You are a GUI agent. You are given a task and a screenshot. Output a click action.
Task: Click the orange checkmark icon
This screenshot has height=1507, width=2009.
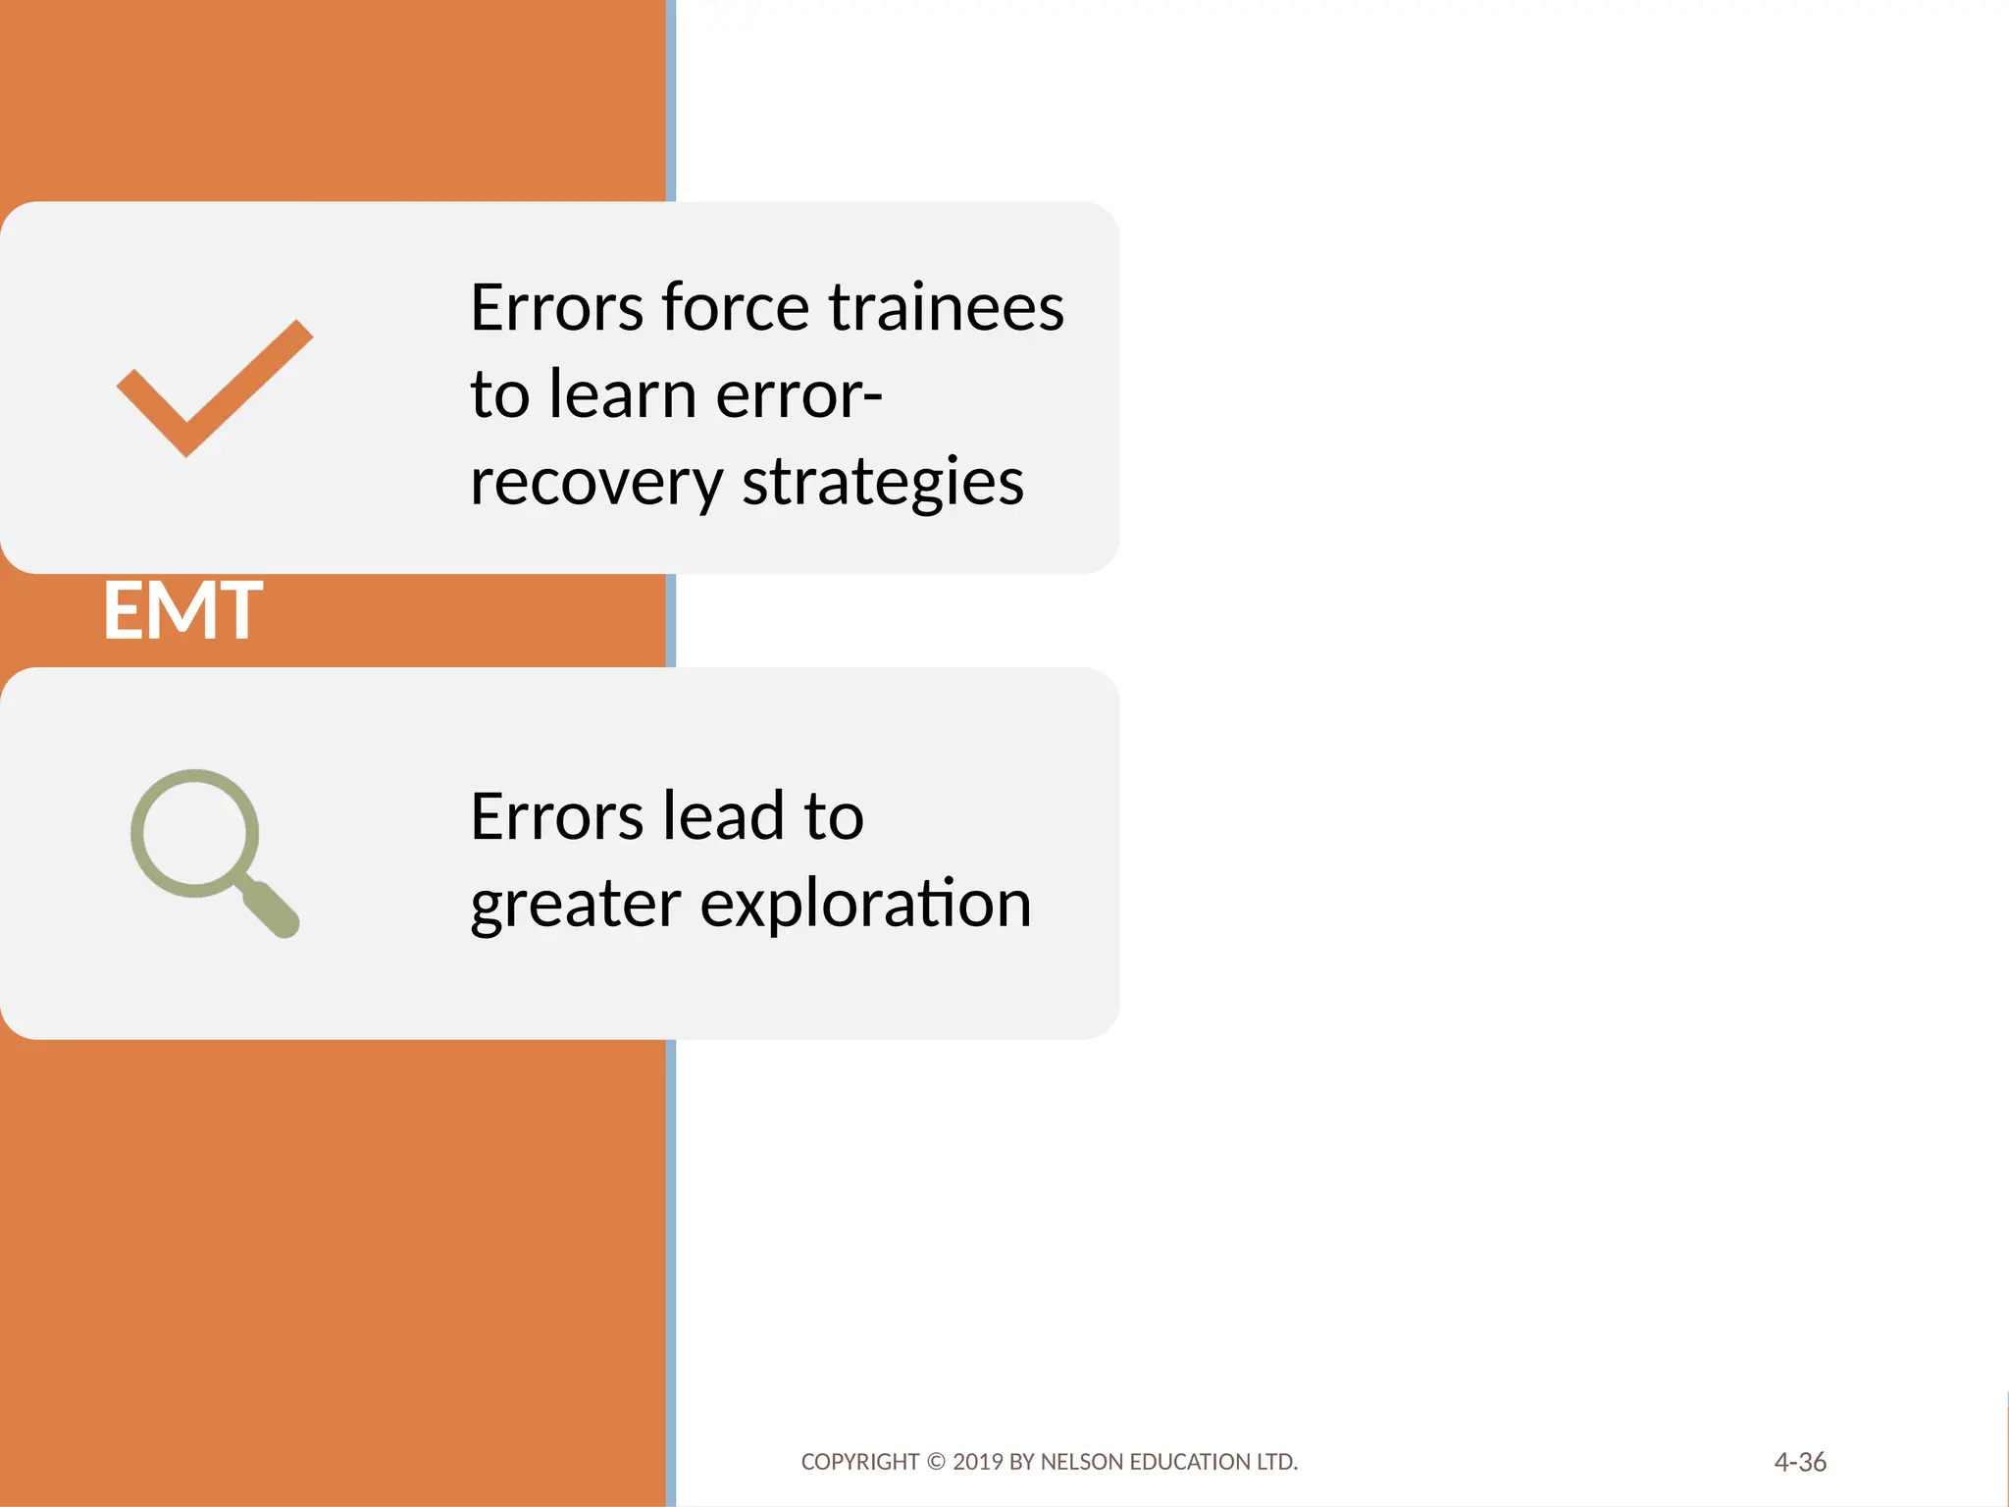click(214, 388)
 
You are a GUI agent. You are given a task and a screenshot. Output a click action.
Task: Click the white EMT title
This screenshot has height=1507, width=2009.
click(182, 611)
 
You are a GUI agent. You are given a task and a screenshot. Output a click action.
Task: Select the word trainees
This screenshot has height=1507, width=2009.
click(946, 307)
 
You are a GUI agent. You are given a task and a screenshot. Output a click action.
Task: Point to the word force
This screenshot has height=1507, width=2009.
click(736, 307)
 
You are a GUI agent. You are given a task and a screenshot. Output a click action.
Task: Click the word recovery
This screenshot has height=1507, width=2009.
click(596, 482)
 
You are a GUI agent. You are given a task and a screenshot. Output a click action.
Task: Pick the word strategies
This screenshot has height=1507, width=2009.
click(883, 482)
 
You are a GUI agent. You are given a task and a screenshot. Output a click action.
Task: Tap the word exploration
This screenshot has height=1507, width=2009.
click(865, 903)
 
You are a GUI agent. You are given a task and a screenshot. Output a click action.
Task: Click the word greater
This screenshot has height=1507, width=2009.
click(575, 903)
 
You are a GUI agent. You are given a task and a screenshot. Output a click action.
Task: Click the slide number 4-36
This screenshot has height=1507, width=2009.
click(1800, 1462)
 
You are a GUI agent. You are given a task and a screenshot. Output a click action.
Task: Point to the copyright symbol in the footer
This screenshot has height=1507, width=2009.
click(936, 1462)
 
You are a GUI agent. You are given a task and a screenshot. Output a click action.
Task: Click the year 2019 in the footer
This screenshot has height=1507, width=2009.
click(978, 1462)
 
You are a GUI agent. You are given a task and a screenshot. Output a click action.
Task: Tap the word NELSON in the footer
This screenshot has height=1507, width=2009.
click(1082, 1462)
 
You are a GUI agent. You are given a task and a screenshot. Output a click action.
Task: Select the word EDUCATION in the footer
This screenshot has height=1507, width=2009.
click(1191, 1462)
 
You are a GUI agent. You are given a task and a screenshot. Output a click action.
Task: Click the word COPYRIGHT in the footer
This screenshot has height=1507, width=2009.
click(859, 1462)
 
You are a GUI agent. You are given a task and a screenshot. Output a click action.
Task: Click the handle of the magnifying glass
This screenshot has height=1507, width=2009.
click(271, 909)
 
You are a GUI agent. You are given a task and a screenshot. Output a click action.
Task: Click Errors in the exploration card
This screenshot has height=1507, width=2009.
click(556, 816)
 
